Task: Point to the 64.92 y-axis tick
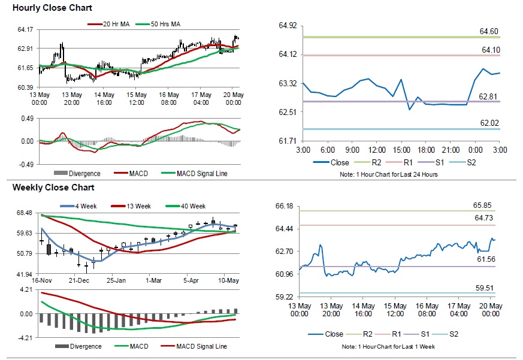[288, 26]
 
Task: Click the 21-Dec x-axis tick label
[79, 280]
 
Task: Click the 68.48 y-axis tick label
[25, 213]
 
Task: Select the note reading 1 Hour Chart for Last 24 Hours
[389, 174]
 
